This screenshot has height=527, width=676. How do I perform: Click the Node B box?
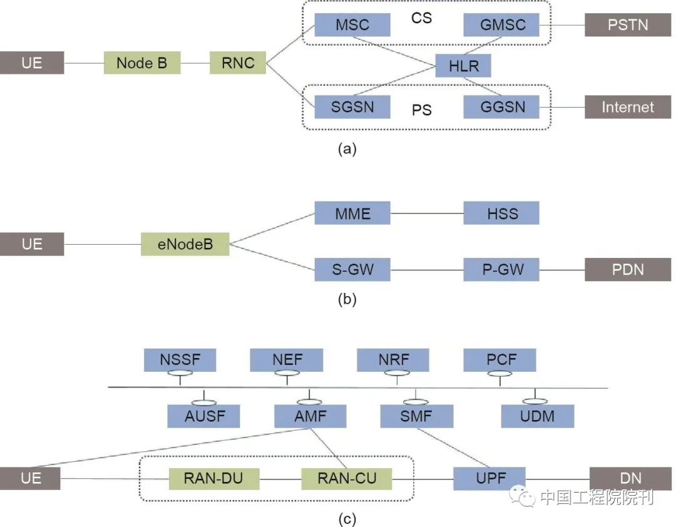click(142, 63)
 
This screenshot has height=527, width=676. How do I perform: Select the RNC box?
click(238, 63)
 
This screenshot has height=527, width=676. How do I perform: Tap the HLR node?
click(464, 66)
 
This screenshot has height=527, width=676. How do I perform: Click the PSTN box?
click(628, 26)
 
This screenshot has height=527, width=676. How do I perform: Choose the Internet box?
click(628, 107)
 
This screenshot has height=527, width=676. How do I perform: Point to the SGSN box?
click(352, 107)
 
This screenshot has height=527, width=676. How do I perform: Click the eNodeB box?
click(185, 244)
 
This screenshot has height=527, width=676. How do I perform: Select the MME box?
click(352, 213)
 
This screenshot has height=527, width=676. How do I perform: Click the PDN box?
click(628, 270)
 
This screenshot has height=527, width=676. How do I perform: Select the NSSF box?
click(180, 360)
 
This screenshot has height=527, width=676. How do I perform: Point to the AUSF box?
click(203, 416)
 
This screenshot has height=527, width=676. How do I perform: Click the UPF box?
click(489, 479)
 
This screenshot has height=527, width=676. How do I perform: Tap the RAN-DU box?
click(213, 479)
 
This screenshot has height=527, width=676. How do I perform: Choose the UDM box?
click(537, 416)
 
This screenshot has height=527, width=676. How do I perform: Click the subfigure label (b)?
click(347, 299)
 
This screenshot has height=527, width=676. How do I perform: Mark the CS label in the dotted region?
click(421, 18)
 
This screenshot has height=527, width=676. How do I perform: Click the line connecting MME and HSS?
click(427, 213)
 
